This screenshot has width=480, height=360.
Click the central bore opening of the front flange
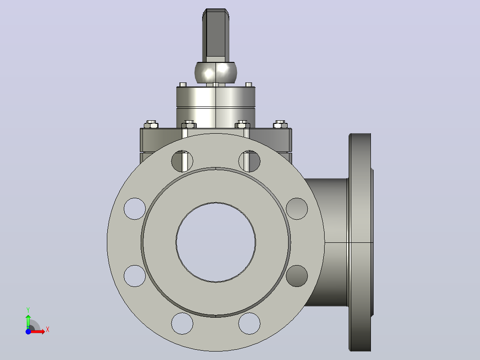(216, 242)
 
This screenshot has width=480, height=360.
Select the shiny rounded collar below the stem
(216, 72)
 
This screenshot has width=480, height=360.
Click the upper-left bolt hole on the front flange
(134, 209)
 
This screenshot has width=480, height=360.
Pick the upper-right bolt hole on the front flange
(297, 209)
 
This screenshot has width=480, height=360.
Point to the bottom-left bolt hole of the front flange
(182, 323)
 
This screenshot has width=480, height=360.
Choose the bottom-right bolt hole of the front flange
(249, 323)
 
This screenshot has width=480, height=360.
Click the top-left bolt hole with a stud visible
(182, 161)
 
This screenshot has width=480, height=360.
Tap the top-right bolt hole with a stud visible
(249, 161)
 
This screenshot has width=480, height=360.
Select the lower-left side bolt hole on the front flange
(134, 276)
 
